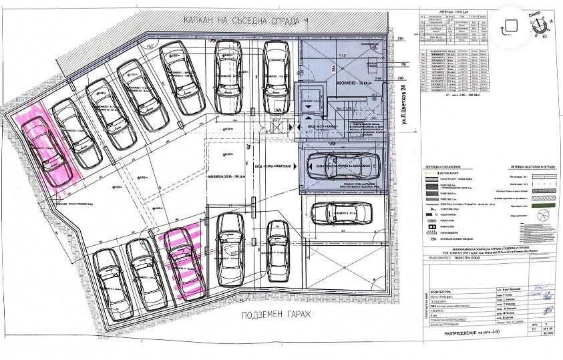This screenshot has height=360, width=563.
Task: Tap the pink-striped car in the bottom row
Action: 182,261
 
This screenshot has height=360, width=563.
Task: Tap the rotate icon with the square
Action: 510,25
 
